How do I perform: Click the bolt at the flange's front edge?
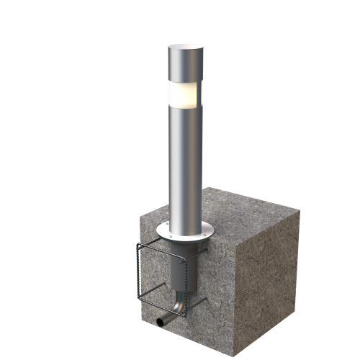[173, 238]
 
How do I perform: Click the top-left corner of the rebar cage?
[137, 246]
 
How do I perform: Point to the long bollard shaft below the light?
[184, 166]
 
